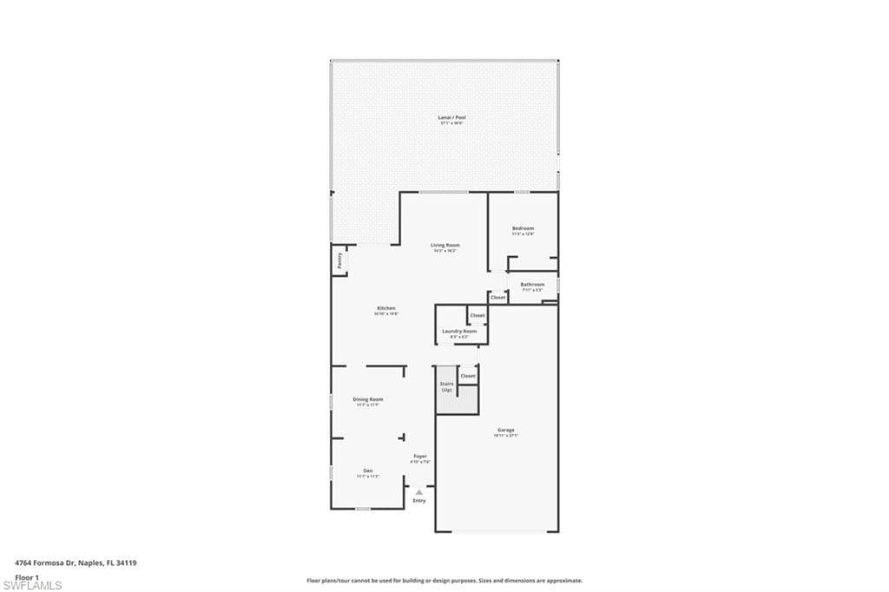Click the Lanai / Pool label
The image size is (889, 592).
pyautogui.click(x=445, y=117)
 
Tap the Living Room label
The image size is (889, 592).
pyautogui.click(x=445, y=246)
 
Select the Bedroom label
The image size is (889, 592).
pyautogui.click(x=523, y=228)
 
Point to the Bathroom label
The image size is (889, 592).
pyautogui.click(x=532, y=285)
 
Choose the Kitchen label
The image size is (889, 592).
pyautogui.click(x=386, y=308)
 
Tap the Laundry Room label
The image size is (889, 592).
pyautogui.click(x=459, y=331)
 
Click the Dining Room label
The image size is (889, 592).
pyautogui.click(x=368, y=399)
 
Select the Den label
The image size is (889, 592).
pyautogui.click(x=368, y=471)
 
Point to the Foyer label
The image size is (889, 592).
pyautogui.click(x=420, y=457)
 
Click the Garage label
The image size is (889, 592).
pyautogui.click(x=506, y=431)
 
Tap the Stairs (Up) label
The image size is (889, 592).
pyautogui.click(x=447, y=386)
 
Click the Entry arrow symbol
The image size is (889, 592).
pyautogui.click(x=419, y=492)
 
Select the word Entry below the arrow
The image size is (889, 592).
pyautogui.click(x=419, y=501)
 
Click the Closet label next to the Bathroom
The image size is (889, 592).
pyautogui.click(x=498, y=298)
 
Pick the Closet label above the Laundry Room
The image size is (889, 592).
pyautogui.click(x=477, y=315)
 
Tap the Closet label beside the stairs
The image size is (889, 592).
pyautogui.click(x=468, y=376)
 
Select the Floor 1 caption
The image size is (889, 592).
pyautogui.click(x=27, y=576)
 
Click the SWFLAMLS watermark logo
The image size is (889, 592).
pyautogui.click(x=32, y=586)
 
